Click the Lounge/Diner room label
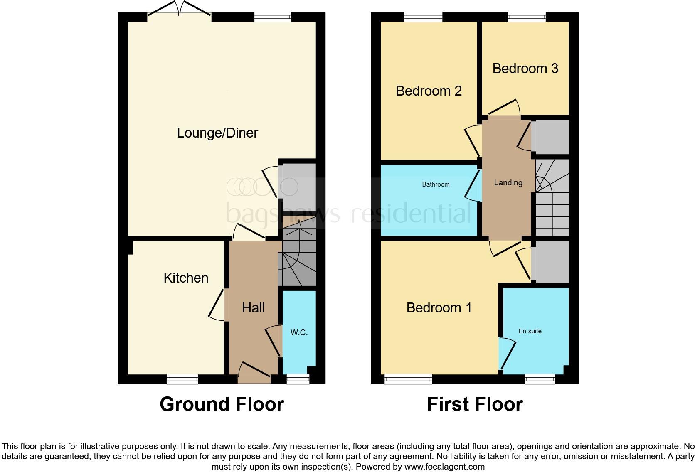(217, 133)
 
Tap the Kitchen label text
(186, 278)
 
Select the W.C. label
(299, 332)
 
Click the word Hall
(253, 308)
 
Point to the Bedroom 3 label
(525, 69)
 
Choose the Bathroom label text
(436, 184)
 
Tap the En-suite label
(530, 331)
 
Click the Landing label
(508, 183)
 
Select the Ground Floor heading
(222, 404)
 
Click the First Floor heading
(475, 404)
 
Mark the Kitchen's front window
(182, 379)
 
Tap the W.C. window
(298, 379)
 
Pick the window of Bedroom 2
(423, 17)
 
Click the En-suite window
(540, 379)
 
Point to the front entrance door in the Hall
(254, 373)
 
